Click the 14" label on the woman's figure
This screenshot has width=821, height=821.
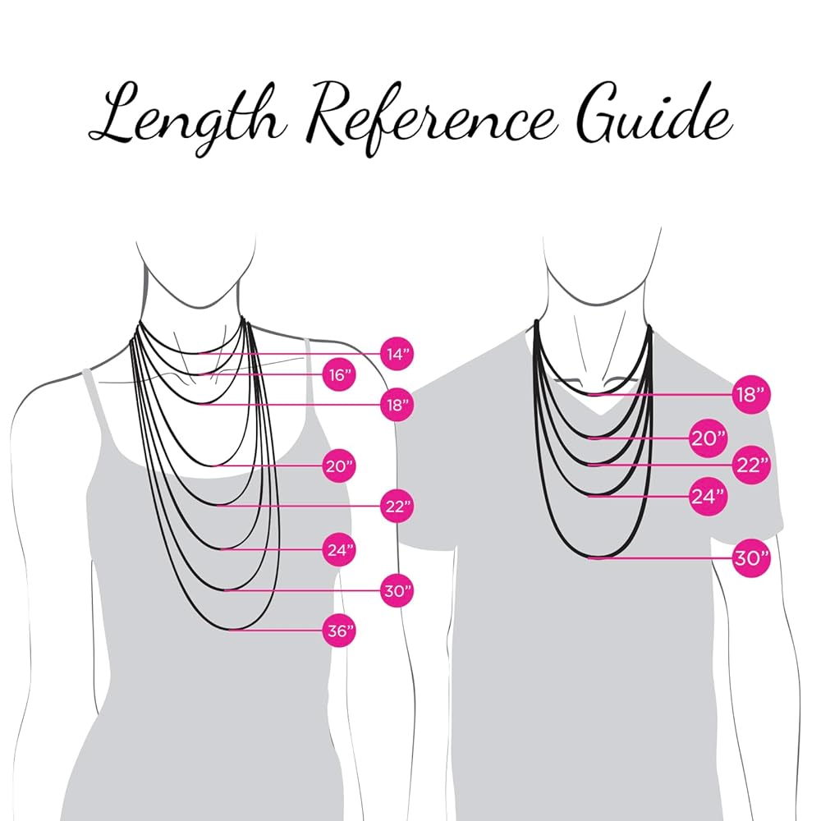pyautogui.click(x=397, y=355)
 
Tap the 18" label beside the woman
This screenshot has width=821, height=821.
pyautogui.click(x=397, y=405)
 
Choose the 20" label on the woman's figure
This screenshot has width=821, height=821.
pyautogui.click(x=338, y=466)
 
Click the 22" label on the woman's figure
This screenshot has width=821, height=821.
pyautogui.click(x=397, y=507)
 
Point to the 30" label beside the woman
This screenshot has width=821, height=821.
pyautogui.click(x=397, y=590)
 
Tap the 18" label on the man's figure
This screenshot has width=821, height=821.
pyautogui.click(x=750, y=395)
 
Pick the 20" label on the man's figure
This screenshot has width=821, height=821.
pyautogui.click(x=708, y=438)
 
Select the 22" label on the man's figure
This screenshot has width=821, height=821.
pyautogui.click(x=750, y=466)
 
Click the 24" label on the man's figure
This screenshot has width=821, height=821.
pyautogui.click(x=708, y=496)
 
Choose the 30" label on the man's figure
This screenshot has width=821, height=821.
pyautogui.click(x=750, y=558)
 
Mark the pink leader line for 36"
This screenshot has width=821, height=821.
pyautogui.click(x=279, y=630)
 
